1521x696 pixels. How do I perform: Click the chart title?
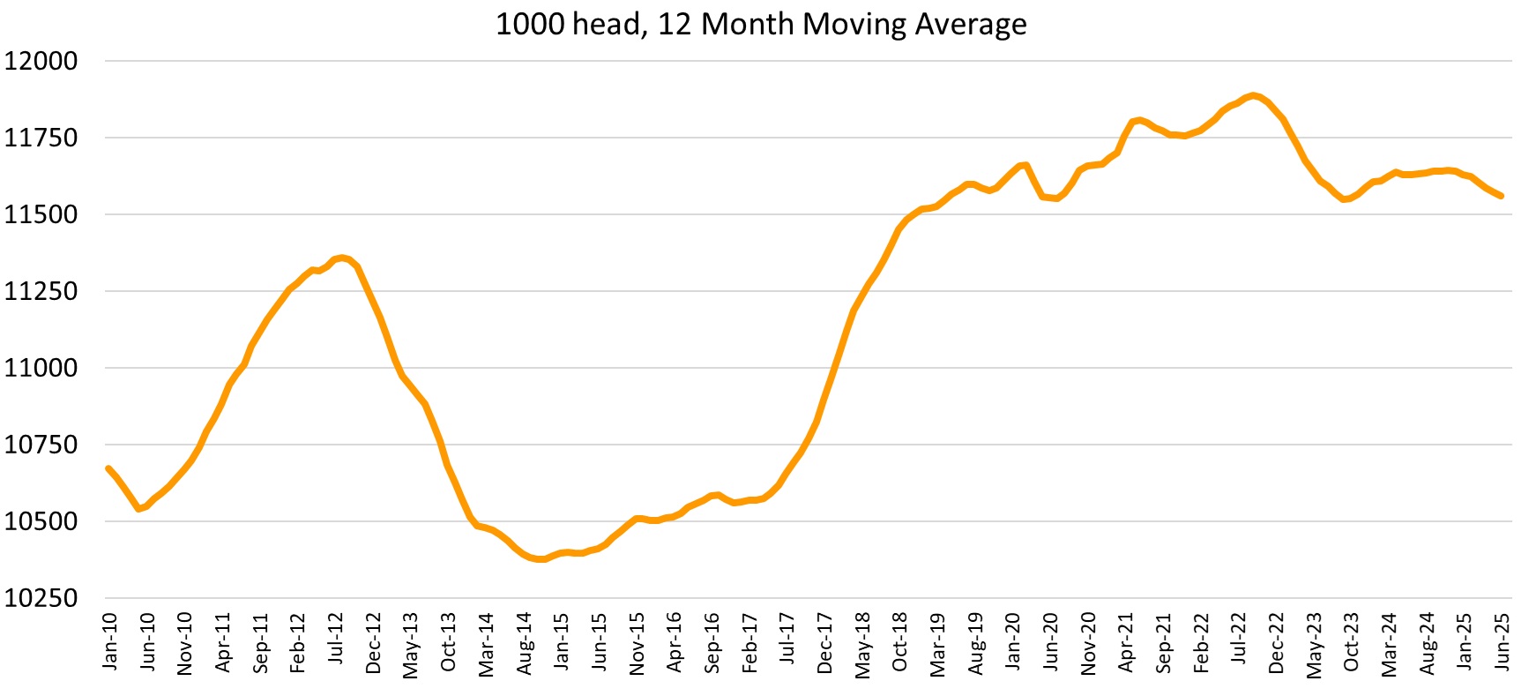pyautogui.click(x=760, y=24)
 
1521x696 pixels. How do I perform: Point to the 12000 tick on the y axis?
pyautogui.click(x=41, y=61)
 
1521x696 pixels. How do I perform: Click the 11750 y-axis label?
pyautogui.click(x=41, y=138)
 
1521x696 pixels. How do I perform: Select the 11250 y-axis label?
pyautogui.click(x=41, y=291)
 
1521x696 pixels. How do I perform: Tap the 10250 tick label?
pyautogui.click(x=41, y=598)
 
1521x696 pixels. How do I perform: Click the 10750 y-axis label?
pyautogui.click(x=41, y=445)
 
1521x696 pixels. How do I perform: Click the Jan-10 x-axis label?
pyautogui.click(x=109, y=641)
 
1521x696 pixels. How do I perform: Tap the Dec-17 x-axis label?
pyautogui.click(x=824, y=643)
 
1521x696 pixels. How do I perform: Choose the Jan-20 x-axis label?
pyautogui.click(x=1013, y=641)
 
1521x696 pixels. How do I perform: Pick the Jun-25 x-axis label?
pyautogui.click(x=1502, y=641)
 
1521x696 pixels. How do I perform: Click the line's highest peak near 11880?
pyautogui.click(x=1253, y=95)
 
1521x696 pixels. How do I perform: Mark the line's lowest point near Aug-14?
pyautogui.click(x=541, y=559)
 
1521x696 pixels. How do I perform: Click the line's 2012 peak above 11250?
pyautogui.click(x=342, y=258)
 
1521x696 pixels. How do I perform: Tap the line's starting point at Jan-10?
pyautogui.click(x=108, y=468)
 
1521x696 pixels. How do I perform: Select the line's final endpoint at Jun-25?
pyautogui.click(x=1501, y=196)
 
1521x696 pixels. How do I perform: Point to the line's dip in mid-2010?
pyautogui.click(x=138, y=509)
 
